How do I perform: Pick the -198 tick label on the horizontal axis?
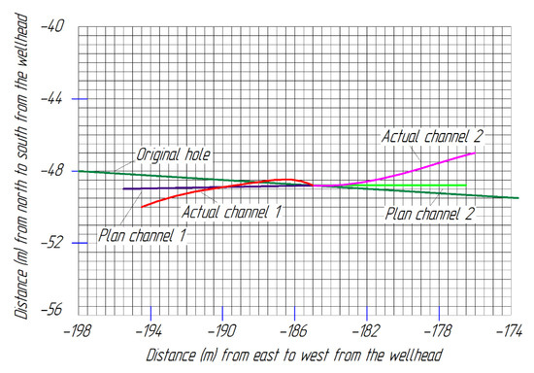coord(78,330)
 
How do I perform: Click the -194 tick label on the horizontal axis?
coord(150,330)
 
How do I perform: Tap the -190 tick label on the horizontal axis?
coord(222,330)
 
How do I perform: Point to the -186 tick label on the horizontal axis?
coord(295,330)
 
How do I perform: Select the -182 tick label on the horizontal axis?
coord(367,330)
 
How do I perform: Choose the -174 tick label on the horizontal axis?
coord(511,330)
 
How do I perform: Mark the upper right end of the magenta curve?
coord(474,153)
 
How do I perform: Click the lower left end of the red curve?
coord(142,207)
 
